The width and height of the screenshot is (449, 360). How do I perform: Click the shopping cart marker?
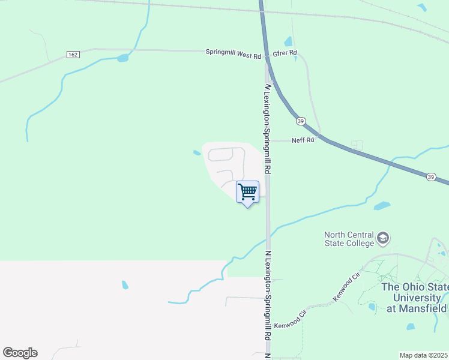[247, 193]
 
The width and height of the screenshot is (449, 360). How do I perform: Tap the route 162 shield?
[73, 55]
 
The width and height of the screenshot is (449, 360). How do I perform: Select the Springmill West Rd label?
[234, 53]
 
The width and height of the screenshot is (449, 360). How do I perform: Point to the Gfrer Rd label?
[285, 53]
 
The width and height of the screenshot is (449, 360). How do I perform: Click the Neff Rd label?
[303, 140]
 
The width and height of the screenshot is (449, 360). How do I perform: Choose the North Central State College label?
[349, 239]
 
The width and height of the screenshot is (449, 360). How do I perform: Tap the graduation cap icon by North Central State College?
[383, 239]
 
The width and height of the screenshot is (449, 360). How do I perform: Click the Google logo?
[20, 353]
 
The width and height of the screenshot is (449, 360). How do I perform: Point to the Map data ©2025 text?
[424, 355]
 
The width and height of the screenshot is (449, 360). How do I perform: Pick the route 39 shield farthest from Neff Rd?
[431, 176]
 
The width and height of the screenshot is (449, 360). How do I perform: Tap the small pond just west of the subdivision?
[197, 153]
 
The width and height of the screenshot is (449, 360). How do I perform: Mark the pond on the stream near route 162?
[123, 58]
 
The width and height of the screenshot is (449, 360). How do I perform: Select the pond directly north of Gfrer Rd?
[288, 41]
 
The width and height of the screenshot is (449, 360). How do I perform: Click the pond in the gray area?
[125, 285]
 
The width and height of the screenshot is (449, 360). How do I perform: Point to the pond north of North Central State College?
[382, 206]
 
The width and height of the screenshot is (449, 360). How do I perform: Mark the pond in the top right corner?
[422, 8]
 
